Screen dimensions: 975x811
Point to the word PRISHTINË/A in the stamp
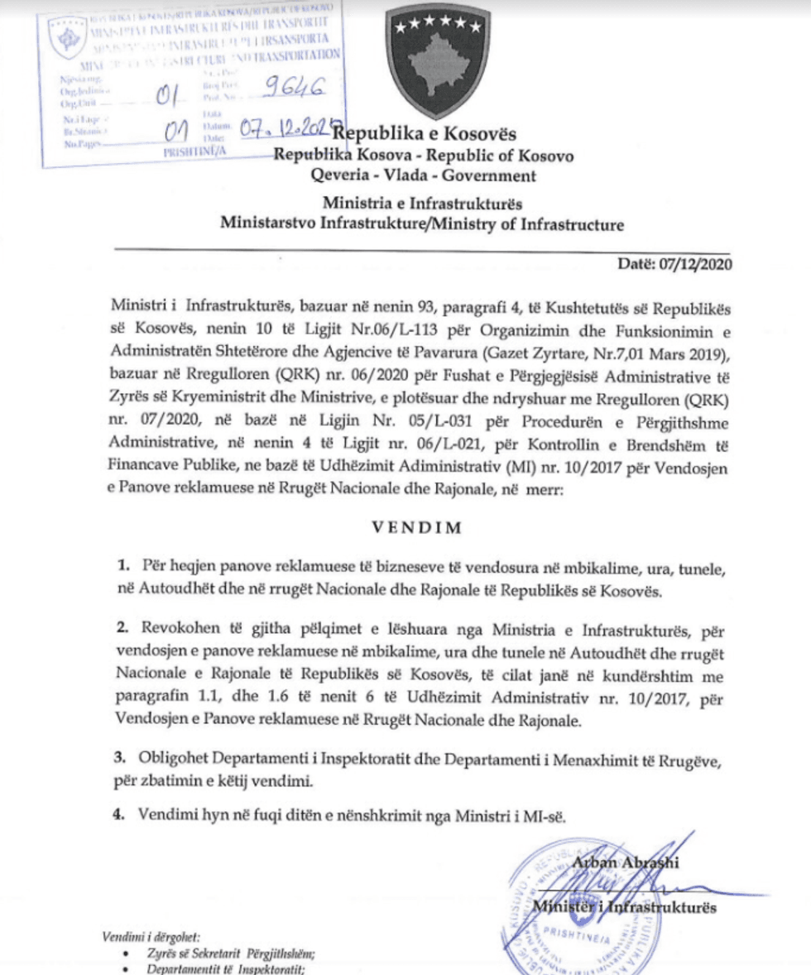pos(195,152)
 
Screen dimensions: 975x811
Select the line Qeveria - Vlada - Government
pos(423,175)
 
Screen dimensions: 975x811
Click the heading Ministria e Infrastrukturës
pos(422,204)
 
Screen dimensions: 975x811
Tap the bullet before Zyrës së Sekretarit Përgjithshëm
pos(124,953)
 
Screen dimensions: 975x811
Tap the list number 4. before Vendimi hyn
pos(119,814)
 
